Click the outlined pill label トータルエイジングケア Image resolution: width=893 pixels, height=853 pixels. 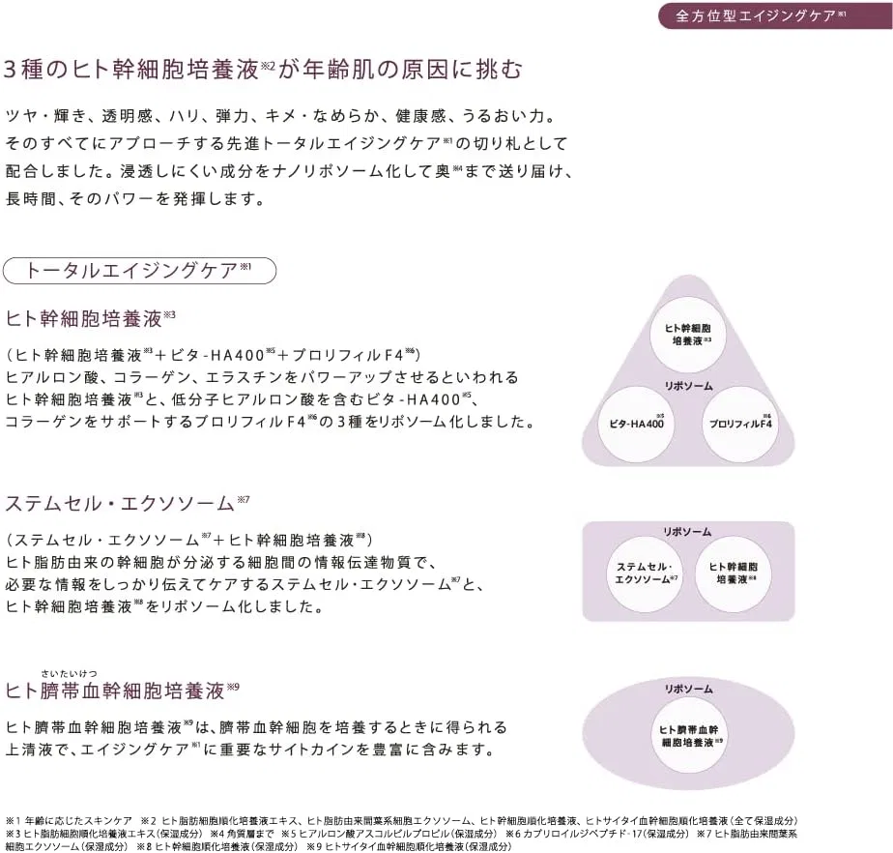(139, 271)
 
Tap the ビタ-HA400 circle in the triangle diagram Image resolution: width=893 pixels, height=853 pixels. (636, 424)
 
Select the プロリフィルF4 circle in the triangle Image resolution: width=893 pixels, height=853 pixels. (740, 424)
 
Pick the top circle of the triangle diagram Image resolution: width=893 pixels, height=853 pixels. (688, 335)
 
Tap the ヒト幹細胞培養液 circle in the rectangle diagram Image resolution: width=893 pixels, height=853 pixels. (733, 574)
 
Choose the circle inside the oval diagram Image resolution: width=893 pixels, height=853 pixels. (688, 736)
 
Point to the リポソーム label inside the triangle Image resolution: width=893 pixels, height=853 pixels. (688, 386)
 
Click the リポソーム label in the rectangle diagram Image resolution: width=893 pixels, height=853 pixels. (687, 532)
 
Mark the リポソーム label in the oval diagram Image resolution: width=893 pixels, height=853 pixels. (688, 689)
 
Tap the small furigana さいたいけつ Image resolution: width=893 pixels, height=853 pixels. (69, 674)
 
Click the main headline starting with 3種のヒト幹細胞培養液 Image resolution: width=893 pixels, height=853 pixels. (263, 70)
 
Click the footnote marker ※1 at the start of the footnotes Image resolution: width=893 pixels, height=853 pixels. (14, 821)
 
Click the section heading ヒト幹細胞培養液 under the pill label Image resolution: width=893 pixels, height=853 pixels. (84, 318)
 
